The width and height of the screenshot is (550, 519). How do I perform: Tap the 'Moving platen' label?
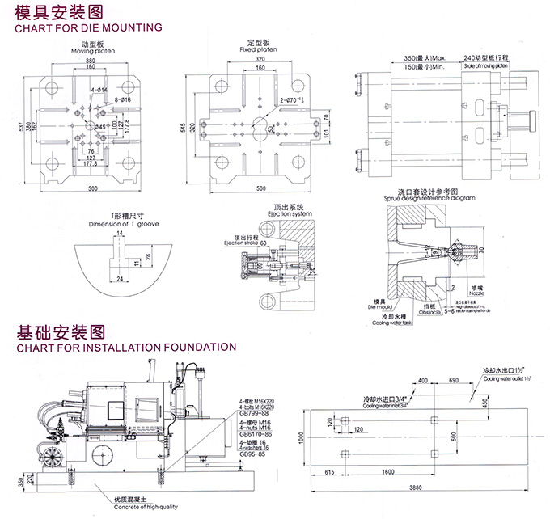pyautogui.click(x=96, y=51)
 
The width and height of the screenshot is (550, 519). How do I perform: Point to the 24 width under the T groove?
pyautogui.click(x=119, y=277)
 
